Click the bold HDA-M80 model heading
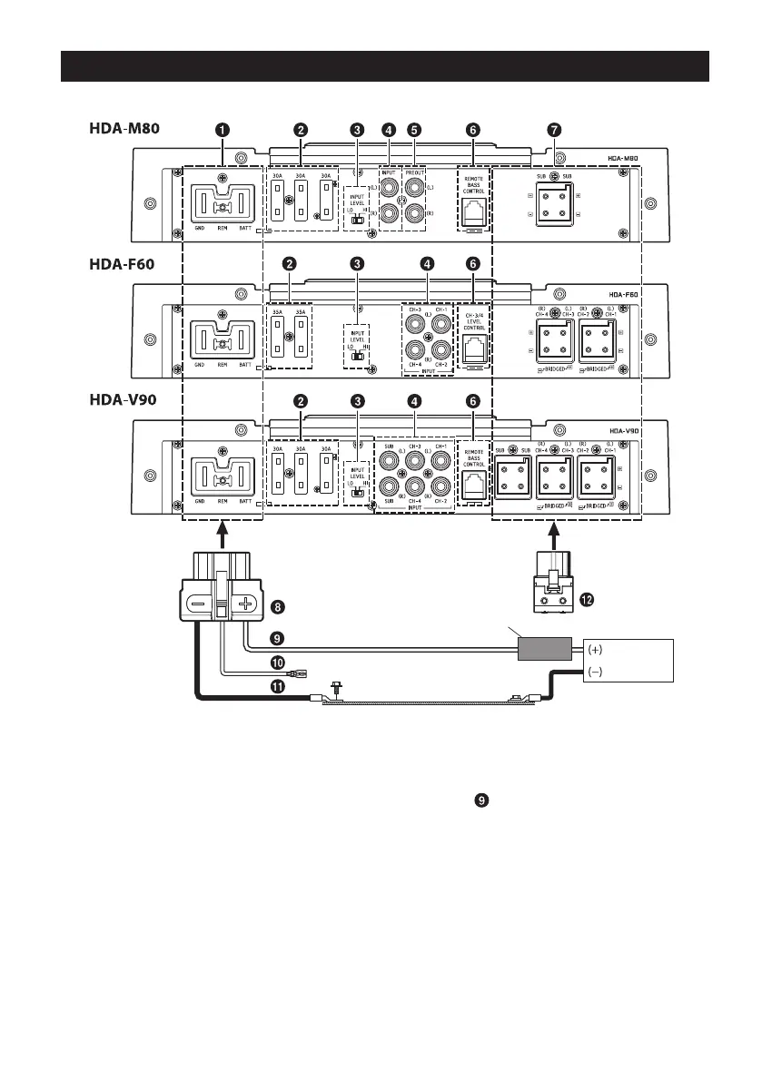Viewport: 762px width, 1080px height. click(125, 129)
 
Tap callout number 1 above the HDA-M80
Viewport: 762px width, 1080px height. click(222, 130)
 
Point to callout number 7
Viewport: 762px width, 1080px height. click(554, 130)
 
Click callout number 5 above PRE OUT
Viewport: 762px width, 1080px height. click(414, 130)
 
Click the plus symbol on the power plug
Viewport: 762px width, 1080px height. click(244, 604)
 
